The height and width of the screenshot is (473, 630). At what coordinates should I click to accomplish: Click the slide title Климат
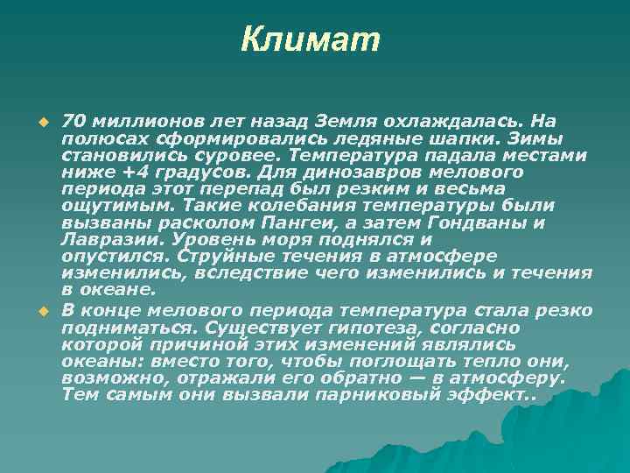(x=311, y=39)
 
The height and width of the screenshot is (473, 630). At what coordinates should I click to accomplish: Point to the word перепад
(x=228, y=189)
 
